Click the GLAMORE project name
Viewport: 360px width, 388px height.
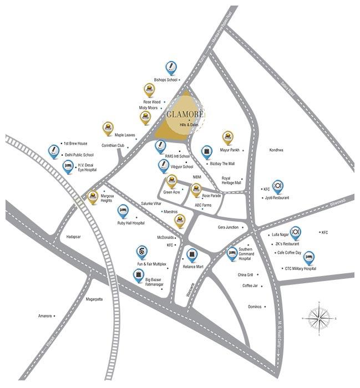(185, 115)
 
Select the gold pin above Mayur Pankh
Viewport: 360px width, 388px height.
(227, 137)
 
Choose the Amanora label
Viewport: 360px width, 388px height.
(44, 316)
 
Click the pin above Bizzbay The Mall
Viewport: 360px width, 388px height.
(207, 152)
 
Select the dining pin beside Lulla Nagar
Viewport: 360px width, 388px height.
(296, 231)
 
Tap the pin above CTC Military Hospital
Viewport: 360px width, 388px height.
(309, 257)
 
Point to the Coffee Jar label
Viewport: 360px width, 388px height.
(251, 285)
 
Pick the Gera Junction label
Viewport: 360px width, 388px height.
(228, 227)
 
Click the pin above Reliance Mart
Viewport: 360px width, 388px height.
(192, 254)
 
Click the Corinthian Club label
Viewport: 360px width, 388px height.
(113, 146)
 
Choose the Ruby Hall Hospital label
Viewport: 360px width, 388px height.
(131, 223)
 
